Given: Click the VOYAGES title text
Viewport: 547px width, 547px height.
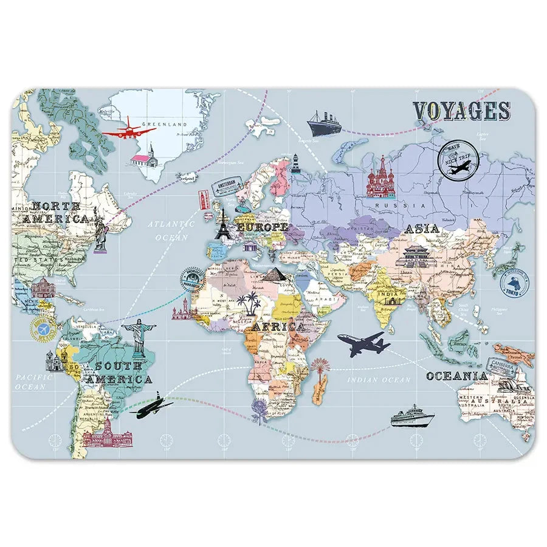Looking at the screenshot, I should [461, 111].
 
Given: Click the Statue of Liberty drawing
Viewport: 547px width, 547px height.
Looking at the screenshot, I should [98, 229].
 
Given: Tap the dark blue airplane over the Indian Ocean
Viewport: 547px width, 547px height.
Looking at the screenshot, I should [363, 344].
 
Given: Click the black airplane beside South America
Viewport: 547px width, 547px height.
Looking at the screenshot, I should [151, 405].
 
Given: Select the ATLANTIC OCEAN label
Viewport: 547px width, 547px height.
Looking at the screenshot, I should [171, 230].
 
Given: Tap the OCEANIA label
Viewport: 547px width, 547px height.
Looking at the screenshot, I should [456, 376].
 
